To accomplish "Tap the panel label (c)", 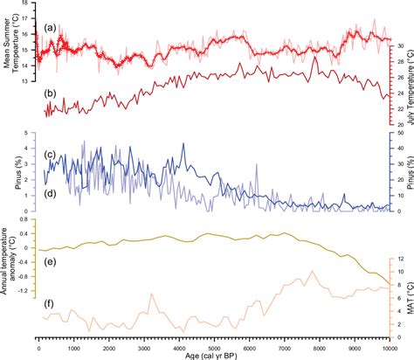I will tap(52, 156).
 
